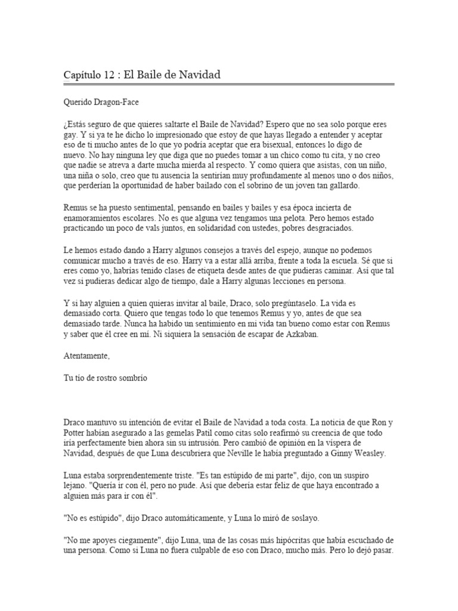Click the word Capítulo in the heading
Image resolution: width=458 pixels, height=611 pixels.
pos(83,75)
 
